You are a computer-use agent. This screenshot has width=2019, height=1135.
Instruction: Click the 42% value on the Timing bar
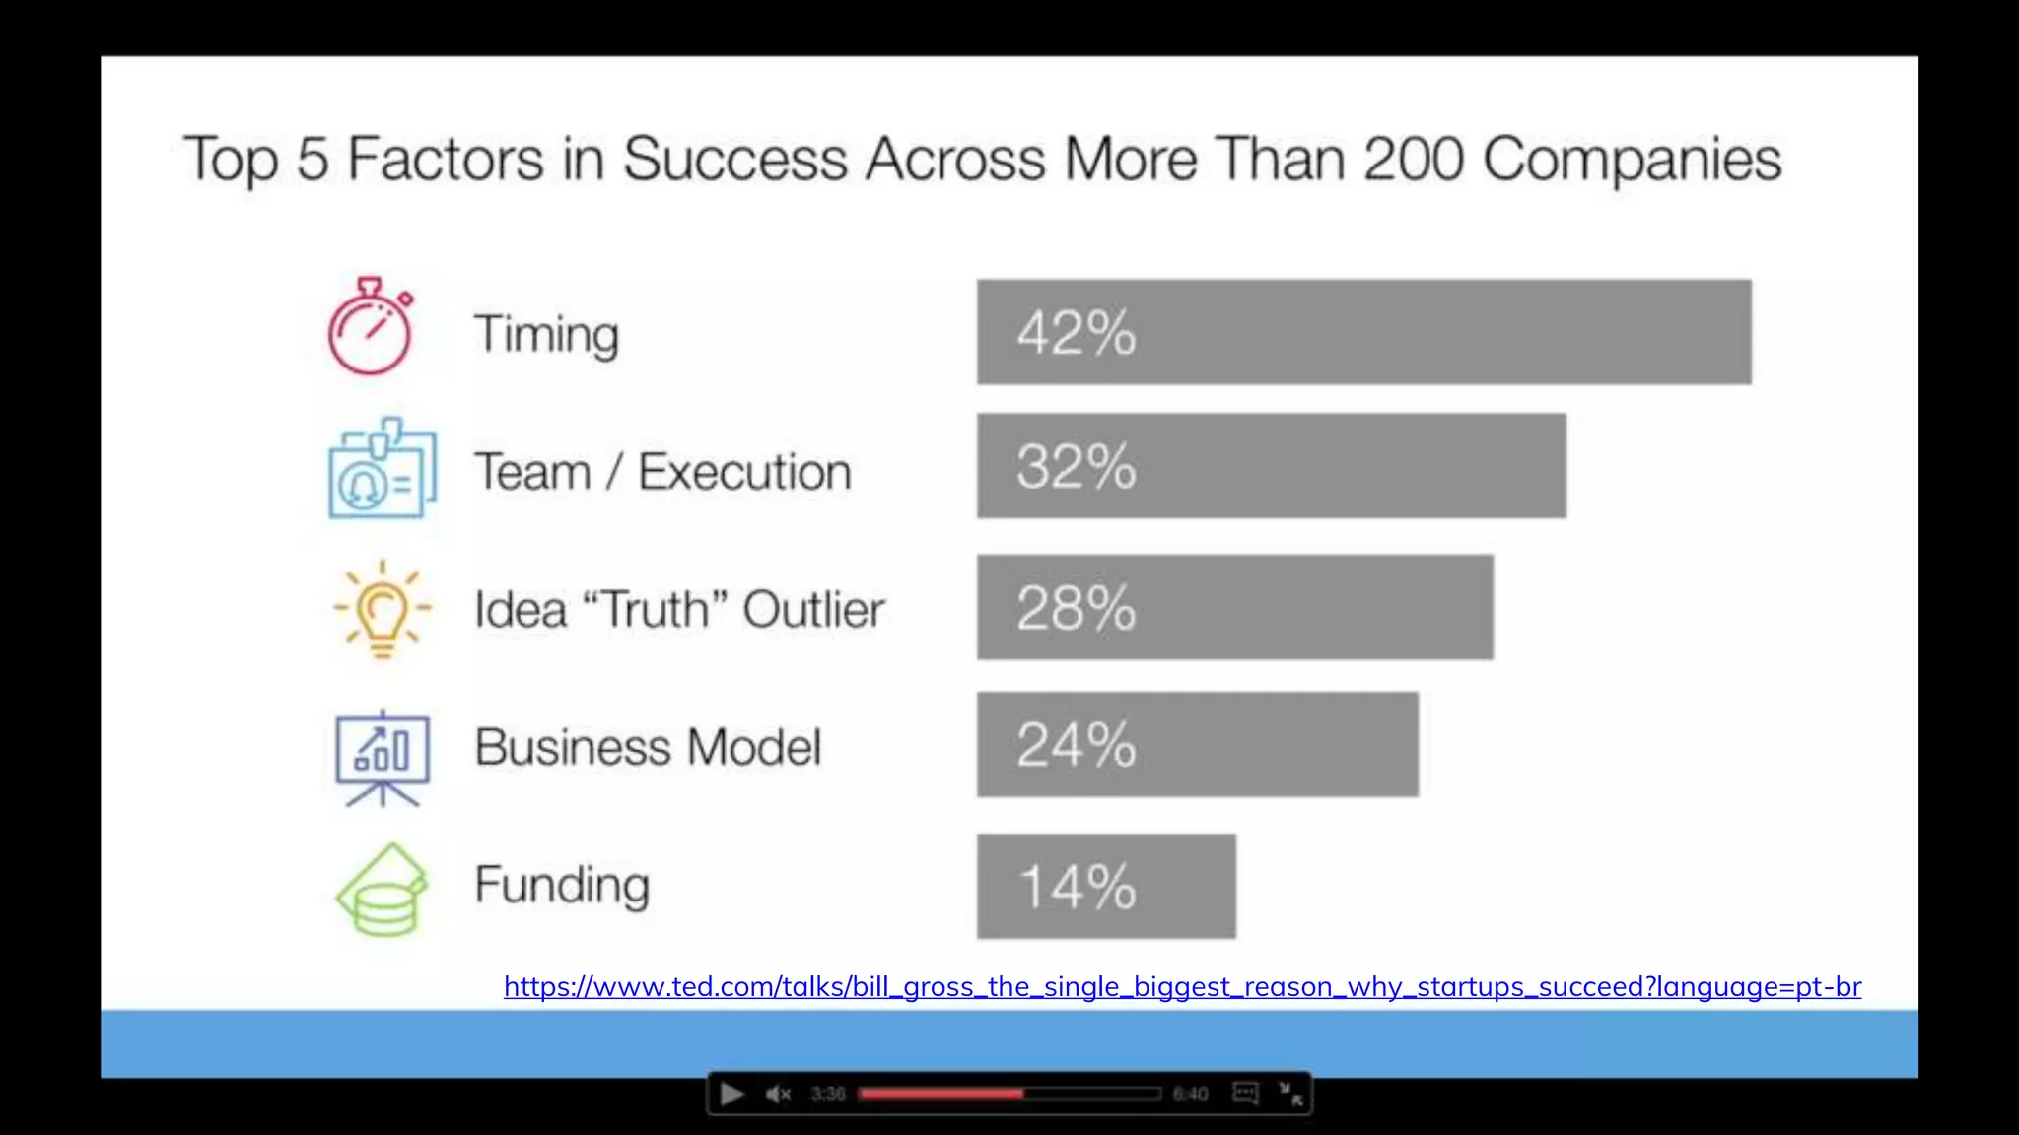[1077, 333]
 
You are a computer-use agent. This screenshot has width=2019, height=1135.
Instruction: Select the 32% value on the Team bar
[1077, 467]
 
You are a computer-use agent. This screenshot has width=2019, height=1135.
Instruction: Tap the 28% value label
[1077, 608]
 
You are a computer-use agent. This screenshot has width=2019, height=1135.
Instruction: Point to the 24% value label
[1077, 745]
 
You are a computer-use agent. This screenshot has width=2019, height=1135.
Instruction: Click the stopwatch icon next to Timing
[371, 327]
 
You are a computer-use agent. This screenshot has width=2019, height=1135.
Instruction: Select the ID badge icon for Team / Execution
[382, 469]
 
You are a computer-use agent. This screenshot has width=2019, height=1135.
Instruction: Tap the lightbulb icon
[383, 609]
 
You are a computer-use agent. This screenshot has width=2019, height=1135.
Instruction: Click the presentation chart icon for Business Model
[383, 757]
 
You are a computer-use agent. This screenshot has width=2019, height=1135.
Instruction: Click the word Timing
[546, 335]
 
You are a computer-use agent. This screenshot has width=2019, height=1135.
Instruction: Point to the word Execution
[744, 471]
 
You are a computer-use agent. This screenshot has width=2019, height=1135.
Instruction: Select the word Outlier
[813, 609]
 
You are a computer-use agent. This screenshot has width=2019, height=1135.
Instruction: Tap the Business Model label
[648, 747]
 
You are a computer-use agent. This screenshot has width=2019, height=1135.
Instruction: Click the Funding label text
[562, 885]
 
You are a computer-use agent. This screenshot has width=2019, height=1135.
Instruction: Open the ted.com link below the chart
[1182, 987]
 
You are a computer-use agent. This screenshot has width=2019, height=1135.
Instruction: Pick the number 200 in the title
[1413, 159]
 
